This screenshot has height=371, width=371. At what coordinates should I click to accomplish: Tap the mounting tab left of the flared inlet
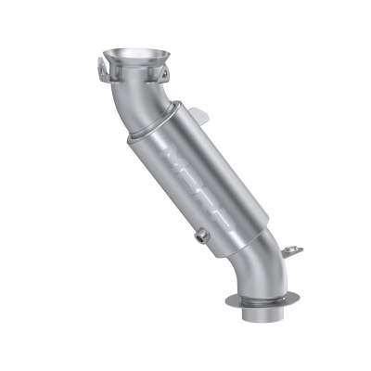tap(99, 65)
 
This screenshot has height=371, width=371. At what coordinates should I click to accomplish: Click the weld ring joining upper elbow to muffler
tap(139, 136)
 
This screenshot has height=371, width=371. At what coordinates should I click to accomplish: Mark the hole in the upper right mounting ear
tap(168, 70)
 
